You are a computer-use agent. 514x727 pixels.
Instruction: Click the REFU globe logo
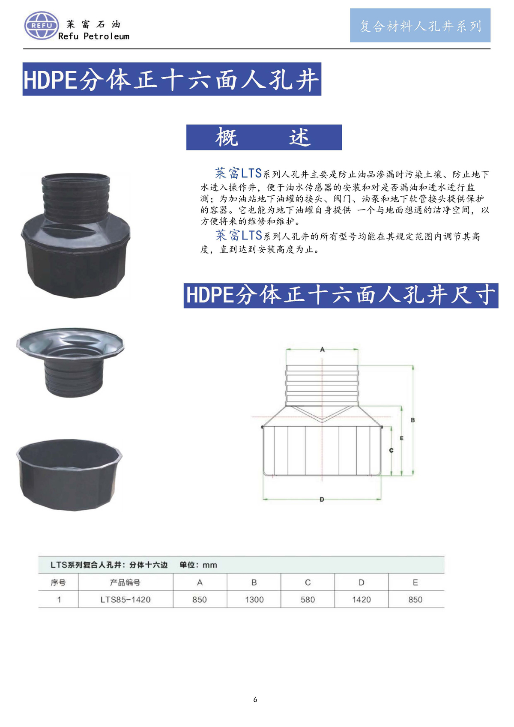click(42, 26)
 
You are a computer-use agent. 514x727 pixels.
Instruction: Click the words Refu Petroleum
click(94, 36)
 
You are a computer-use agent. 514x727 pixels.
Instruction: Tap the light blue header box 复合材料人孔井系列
click(420, 25)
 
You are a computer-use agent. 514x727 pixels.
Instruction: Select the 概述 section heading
click(264, 137)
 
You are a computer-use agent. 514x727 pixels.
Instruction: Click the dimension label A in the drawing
click(322, 350)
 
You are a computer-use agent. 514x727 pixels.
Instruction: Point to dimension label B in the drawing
click(413, 420)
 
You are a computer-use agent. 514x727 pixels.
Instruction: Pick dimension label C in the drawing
click(391, 451)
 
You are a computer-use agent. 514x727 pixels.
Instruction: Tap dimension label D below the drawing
click(322, 500)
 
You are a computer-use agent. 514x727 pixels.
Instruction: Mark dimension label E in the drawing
click(402, 438)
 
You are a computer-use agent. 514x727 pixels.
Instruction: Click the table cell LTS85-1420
click(126, 599)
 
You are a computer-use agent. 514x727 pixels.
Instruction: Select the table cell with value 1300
click(254, 599)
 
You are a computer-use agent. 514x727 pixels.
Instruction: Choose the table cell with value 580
click(308, 599)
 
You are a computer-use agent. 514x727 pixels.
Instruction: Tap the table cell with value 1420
click(362, 599)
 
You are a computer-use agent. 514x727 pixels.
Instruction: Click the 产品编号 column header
click(125, 583)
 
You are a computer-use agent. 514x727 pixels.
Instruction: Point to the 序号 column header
click(58, 583)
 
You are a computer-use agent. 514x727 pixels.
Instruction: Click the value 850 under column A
click(200, 599)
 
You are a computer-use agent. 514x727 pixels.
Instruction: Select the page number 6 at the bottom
click(255, 700)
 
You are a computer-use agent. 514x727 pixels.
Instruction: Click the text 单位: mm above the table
click(198, 565)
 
